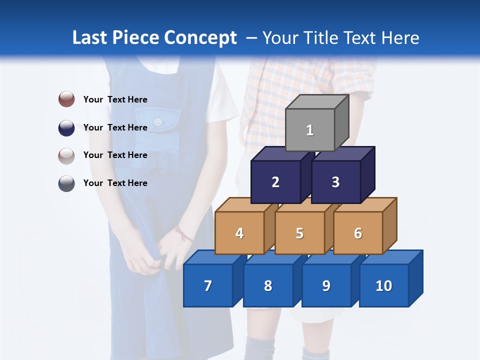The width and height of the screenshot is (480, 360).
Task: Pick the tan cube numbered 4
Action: (239, 233)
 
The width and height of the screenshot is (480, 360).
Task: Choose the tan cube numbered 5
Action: (299, 233)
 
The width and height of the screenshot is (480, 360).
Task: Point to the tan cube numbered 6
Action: (358, 233)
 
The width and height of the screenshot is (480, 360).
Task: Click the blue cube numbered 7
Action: (208, 285)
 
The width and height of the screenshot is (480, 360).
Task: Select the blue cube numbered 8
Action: (268, 285)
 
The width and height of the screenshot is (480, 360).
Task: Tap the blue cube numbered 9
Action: (326, 285)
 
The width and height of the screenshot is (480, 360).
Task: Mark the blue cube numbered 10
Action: (384, 285)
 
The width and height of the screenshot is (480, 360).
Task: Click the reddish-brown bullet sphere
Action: (66, 99)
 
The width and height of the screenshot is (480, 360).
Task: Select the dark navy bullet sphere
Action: (66, 127)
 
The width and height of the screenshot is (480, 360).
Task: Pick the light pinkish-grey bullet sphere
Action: (66, 155)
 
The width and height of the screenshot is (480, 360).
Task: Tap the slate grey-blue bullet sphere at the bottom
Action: (66, 183)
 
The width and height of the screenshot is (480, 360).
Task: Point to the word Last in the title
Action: (91, 38)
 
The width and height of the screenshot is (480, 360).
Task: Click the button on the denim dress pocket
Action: (158, 121)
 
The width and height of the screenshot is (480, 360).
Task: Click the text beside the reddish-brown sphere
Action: (115, 99)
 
